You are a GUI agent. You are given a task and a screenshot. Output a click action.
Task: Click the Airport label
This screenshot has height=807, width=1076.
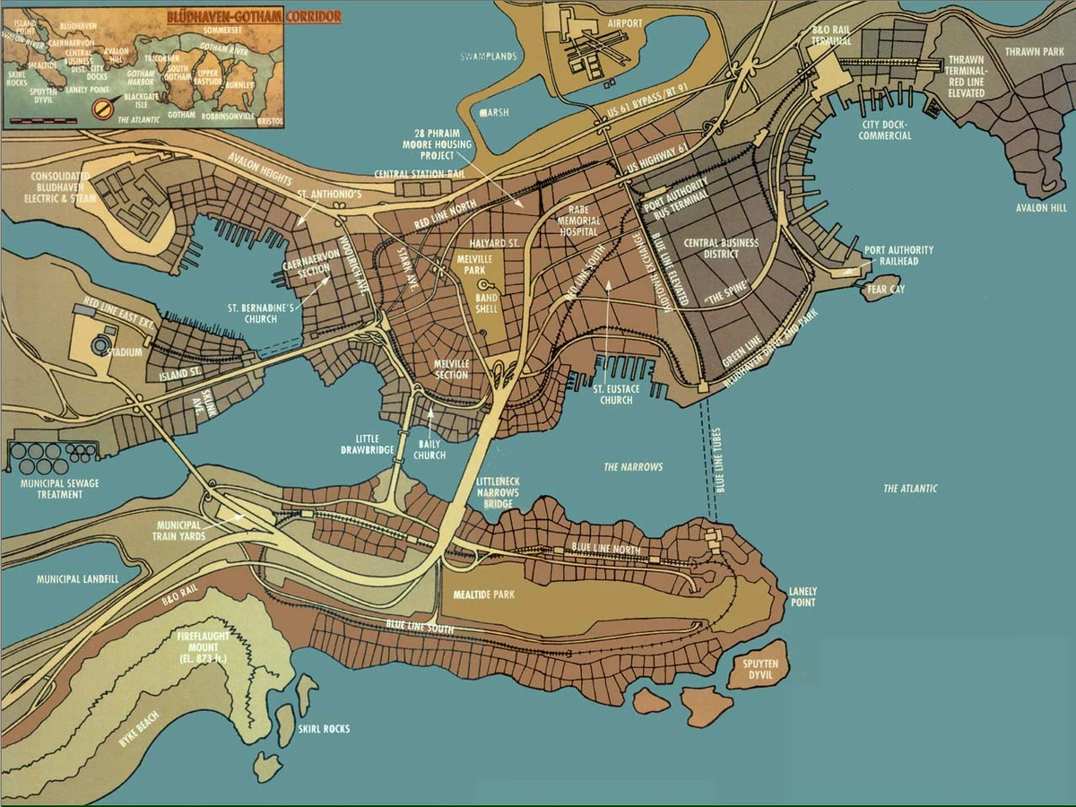(626, 24)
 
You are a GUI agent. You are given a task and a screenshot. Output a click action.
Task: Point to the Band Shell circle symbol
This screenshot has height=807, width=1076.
(483, 284)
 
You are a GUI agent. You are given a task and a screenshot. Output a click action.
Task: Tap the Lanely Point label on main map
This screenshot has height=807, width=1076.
(802, 597)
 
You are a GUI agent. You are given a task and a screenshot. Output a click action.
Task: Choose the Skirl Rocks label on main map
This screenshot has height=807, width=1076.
(324, 729)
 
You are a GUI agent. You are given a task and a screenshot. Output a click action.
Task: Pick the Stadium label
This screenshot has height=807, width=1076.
(125, 352)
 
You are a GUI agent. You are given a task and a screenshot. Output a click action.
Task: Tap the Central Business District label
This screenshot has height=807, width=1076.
(720, 248)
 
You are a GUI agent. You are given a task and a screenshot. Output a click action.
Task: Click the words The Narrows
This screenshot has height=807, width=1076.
(633, 467)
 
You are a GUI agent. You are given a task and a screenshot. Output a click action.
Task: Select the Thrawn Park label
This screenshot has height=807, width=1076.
(1033, 53)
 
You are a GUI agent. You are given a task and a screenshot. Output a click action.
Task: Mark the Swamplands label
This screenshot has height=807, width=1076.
(488, 56)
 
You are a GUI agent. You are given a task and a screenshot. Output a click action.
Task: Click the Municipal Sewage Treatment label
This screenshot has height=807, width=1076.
(55, 489)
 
